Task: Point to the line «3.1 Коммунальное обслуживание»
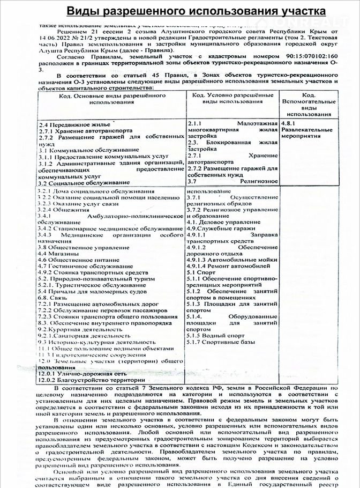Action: [x=81, y=151]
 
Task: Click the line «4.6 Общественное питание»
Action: [x=78, y=260]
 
